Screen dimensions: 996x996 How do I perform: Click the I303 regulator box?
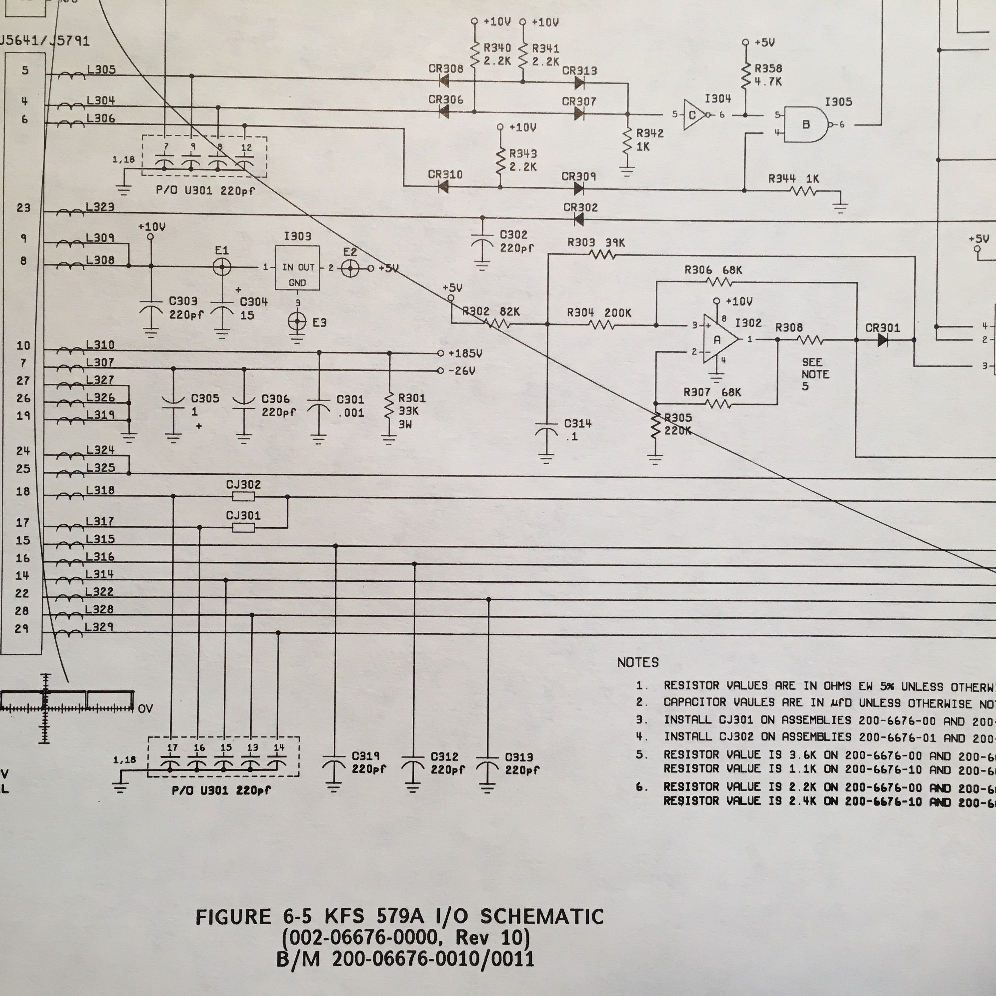(297, 267)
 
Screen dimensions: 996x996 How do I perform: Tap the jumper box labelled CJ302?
(243, 496)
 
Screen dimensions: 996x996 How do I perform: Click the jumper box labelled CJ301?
(243, 527)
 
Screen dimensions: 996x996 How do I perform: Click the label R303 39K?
(595, 242)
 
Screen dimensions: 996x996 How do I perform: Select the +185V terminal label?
(465, 354)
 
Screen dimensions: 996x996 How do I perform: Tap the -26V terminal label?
(462, 371)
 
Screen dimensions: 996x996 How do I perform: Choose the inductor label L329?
(99, 627)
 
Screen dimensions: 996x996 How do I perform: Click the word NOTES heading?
(638, 662)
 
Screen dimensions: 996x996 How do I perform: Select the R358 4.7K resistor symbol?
(745, 75)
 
